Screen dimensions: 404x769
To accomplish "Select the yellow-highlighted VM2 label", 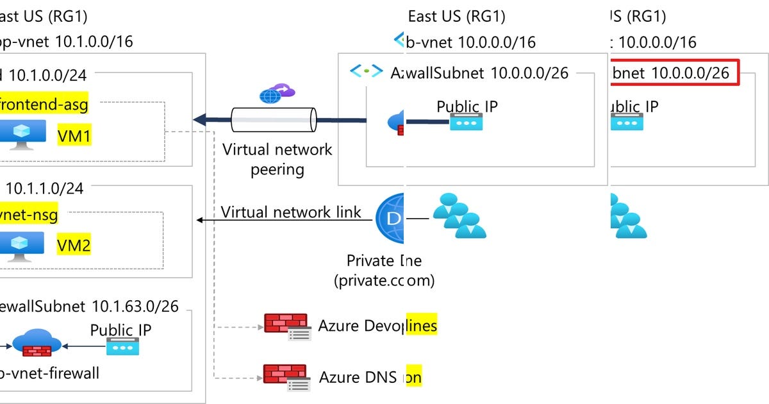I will point(74,245).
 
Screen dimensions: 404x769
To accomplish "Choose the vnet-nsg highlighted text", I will point(29,215).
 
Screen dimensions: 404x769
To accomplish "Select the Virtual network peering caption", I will point(277,159).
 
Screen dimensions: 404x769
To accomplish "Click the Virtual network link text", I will point(291,212).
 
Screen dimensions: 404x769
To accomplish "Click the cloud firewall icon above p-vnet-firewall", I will point(36,344).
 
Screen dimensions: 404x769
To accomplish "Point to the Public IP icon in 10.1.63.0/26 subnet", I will point(122,348).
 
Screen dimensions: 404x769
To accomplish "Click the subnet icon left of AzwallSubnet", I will point(366,72).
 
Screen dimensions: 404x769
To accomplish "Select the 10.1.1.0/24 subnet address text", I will point(45,188).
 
